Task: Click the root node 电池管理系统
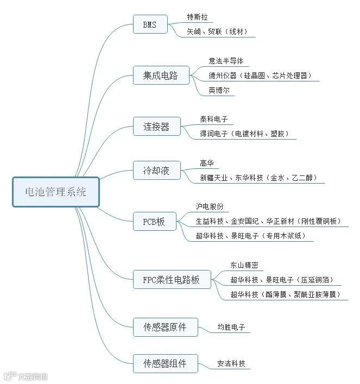coord(56,192)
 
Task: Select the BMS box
coord(150,24)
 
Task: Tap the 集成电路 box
coord(161,75)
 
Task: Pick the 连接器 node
coord(156,127)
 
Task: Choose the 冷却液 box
coord(156,171)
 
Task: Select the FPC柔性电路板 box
coord(172,280)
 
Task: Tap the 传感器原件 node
coord(165,327)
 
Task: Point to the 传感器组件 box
coord(165,363)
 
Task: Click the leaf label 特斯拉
coord(198,17)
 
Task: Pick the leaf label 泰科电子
coord(214,119)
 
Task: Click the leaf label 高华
coord(207,163)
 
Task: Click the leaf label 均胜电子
coord(231,328)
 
